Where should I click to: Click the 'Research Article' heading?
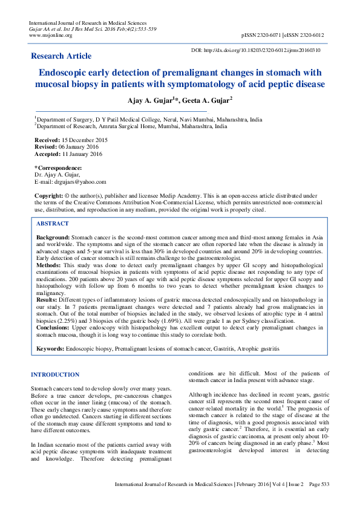(62, 56)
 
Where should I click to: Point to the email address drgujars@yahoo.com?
(80, 181)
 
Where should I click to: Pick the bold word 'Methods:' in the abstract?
(48, 265)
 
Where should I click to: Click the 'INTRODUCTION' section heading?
(55, 375)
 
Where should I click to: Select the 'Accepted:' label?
(48, 154)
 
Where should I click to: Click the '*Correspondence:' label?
(58, 167)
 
